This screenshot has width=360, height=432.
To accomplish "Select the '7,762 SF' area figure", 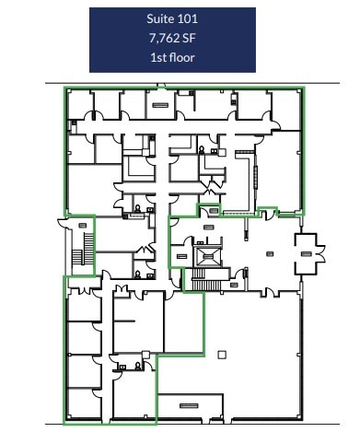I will (x=172, y=39).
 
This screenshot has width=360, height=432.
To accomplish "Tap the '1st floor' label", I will (x=172, y=57).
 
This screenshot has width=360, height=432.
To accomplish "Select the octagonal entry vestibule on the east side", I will (x=306, y=250).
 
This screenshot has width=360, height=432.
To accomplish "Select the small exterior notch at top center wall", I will (x=161, y=86).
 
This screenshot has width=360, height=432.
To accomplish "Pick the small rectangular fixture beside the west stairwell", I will (x=83, y=223).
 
